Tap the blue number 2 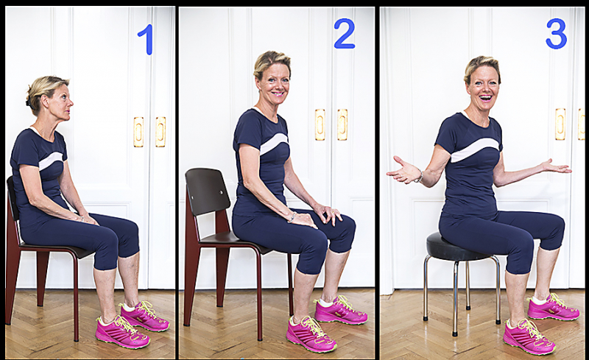pyautogui.click(x=344, y=34)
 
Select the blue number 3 pyautogui.click(x=556, y=34)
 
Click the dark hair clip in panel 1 pyautogui.click(x=28, y=100)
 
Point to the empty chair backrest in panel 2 pyautogui.click(x=208, y=191)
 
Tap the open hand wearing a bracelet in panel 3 pyautogui.click(x=403, y=171)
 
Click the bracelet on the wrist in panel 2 pyautogui.click(x=292, y=217)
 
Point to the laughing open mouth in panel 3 pyautogui.click(x=486, y=98)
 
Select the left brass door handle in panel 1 pyautogui.click(x=138, y=132)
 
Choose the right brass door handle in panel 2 pyautogui.click(x=342, y=124)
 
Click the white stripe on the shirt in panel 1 pyautogui.click(x=51, y=160)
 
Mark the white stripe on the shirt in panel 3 pyautogui.click(x=474, y=149)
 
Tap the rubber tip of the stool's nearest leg pyautogui.click(x=455, y=333)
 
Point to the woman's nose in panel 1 pyautogui.click(x=70, y=102)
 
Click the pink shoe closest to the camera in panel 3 pyautogui.click(x=529, y=336)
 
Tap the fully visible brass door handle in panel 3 pyautogui.click(x=560, y=124)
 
